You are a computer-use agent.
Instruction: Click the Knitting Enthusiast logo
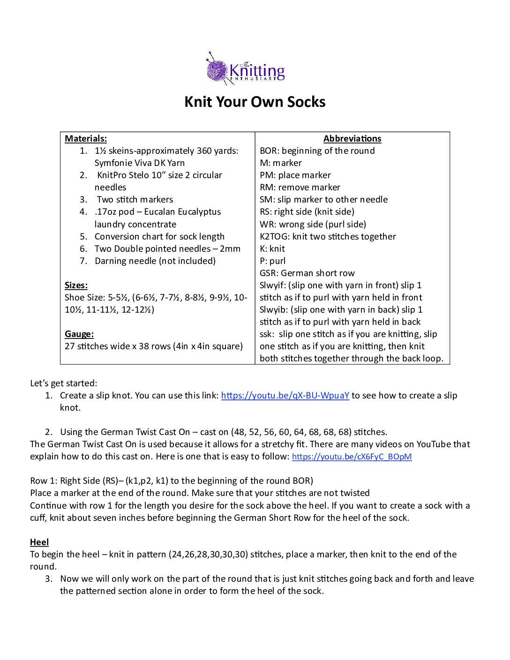pyautogui.click(x=246, y=69)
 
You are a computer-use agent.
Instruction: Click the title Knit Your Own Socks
pyautogui.click(x=255, y=102)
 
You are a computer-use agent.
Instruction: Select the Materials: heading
pyautogui.click(x=86, y=138)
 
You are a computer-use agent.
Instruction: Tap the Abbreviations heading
pyautogui.click(x=352, y=138)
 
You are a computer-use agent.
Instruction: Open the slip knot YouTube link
pyautogui.click(x=285, y=395)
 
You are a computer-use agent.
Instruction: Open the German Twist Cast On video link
pyautogui.click(x=352, y=457)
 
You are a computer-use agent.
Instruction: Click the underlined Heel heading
pyautogui.click(x=39, y=542)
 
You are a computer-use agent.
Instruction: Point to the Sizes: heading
pyautogui.click(x=76, y=285)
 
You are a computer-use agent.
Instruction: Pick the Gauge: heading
pyautogui.click(x=79, y=334)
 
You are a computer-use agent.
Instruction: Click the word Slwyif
pyautogui.click(x=272, y=285)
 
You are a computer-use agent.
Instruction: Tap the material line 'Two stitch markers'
pyautogui.click(x=135, y=199)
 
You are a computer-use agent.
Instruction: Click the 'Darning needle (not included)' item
pyautogui.click(x=155, y=261)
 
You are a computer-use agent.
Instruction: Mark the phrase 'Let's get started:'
pyautogui.click(x=64, y=383)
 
